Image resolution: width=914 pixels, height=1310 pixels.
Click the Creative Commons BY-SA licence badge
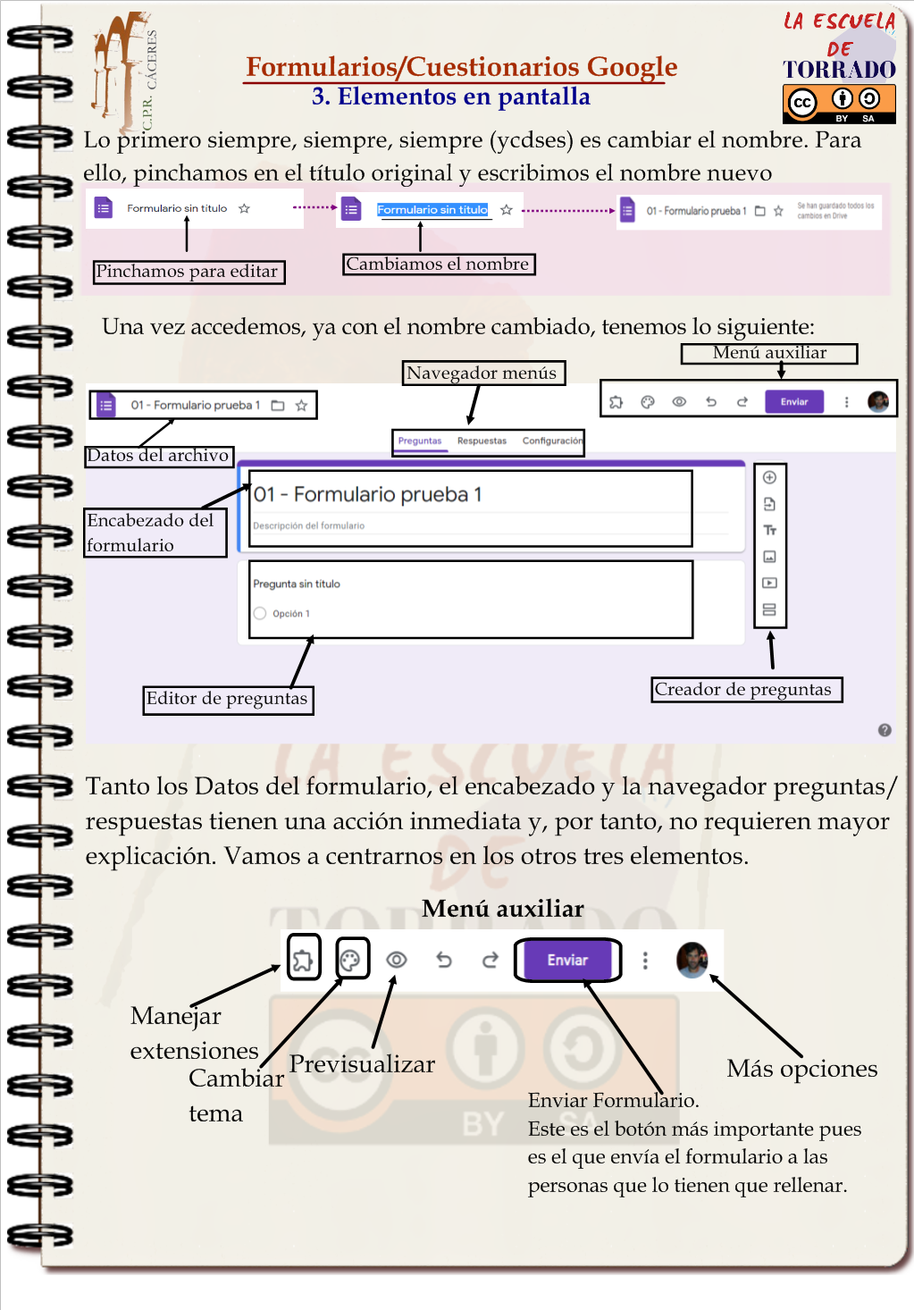click(x=838, y=104)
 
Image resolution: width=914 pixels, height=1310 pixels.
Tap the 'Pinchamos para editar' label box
click(x=189, y=272)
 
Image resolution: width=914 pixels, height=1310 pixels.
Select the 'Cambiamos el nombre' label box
click(x=439, y=264)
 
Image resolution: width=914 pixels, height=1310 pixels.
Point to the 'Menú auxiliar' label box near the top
click(x=768, y=353)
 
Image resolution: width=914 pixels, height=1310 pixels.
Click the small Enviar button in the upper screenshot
click(x=793, y=402)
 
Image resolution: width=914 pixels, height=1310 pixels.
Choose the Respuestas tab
click(x=482, y=441)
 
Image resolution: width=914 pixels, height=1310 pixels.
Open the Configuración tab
click(x=552, y=441)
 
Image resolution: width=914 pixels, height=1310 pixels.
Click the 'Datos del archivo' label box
click(x=159, y=456)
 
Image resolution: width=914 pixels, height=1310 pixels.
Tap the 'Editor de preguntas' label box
click(x=228, y=699)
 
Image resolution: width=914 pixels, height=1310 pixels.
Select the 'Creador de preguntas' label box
click(x=746, y=690)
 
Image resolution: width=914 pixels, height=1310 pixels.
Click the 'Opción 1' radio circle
click(x=260, y=614)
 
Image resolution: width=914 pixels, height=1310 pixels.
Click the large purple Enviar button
click(x=567, y=960)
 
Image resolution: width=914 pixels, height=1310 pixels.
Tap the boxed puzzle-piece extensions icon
click(x=303, y=960)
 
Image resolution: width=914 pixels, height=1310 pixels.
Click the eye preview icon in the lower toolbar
click(x=397, y=960)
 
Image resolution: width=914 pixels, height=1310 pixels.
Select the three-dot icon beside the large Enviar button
click(x=645, y=961)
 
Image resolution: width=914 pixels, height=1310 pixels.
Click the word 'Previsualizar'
click(x=362, y=1064)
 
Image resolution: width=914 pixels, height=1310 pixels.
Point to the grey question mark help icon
click(x=885, y=730)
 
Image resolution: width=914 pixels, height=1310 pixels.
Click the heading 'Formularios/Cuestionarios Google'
click(x=461, y=67)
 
